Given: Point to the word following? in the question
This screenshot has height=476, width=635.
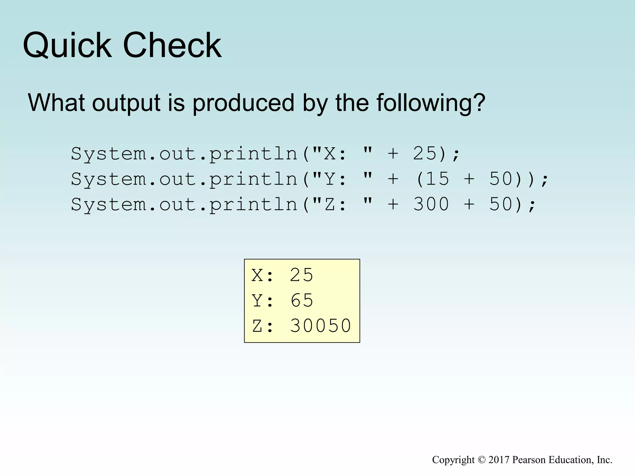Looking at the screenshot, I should click(x=431, y=103).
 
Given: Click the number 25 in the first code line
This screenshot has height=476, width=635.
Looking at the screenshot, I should click(x=425, y=153).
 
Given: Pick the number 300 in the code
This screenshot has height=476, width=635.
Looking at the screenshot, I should click(x=431, y=204).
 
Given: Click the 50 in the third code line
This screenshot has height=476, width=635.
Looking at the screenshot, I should click(x=501, y=204).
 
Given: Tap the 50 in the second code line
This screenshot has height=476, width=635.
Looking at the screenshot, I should click(x=501, y=179).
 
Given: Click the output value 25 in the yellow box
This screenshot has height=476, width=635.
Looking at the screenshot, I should click(x=301, y=275).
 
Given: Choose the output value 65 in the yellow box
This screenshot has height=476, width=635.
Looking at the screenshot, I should click(x=302, y=300).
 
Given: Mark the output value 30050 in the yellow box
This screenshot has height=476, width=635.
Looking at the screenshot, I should click(x=320, y=326).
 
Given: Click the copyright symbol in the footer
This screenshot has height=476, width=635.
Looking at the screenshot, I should click(x=481, y=460).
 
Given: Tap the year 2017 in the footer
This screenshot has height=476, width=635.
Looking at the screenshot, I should click(x=499, y=460).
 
